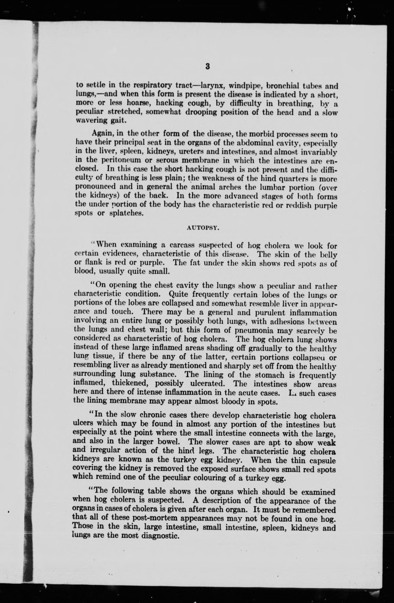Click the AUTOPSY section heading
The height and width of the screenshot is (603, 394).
coord(203,228)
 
